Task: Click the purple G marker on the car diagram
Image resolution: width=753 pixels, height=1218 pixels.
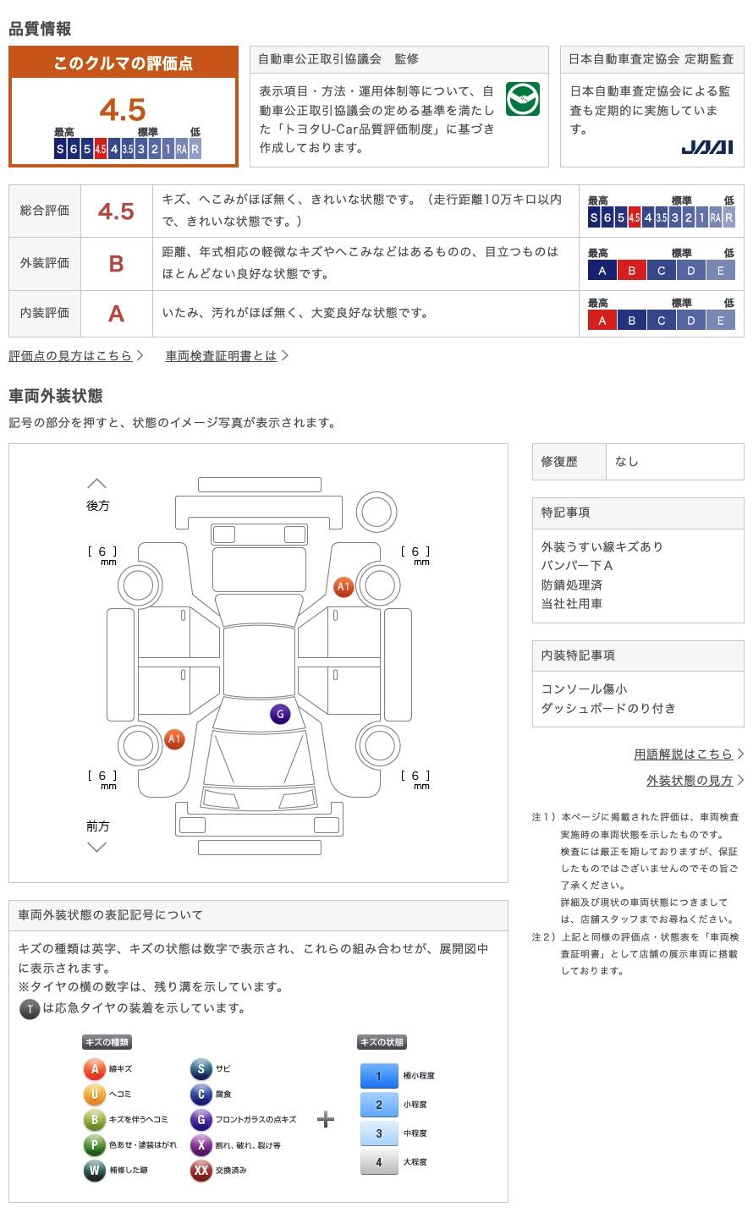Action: coord(280,714)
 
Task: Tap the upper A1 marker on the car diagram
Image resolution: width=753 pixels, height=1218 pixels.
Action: coord(343,586)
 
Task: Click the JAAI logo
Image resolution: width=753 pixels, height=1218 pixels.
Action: coord(706,147)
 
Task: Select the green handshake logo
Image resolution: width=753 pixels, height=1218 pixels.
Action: coord(522,100)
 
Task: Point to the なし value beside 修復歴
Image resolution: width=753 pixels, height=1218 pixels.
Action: coord(627,462)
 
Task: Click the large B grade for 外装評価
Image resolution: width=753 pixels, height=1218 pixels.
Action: coord(116,264)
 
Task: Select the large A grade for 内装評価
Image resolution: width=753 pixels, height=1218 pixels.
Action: coord(116,314)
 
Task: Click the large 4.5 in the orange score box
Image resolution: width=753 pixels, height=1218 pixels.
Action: coord(123,110)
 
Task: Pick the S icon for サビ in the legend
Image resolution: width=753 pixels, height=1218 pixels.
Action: coord(201,1069)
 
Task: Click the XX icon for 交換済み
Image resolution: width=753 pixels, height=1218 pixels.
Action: coord(201,1171)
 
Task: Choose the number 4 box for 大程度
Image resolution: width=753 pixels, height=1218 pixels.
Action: coord(378,1162)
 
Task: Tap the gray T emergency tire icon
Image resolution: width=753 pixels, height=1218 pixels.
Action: coord(30,1008)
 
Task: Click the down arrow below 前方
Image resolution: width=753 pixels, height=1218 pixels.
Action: coord(97,847)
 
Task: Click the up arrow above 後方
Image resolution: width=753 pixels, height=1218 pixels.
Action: coord(97,484)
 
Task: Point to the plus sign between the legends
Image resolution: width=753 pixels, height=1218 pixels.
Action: coord(326,1120)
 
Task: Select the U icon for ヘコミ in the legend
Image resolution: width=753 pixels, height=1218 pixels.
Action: coord(94,1095)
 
